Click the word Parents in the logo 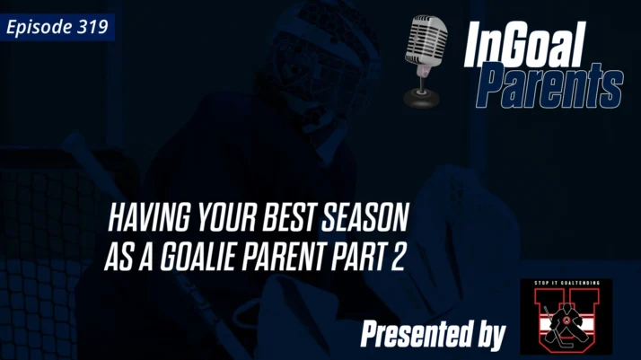(x=549, y=86)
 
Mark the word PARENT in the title (x=277, y=257)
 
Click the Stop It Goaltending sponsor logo (x=566, y=316)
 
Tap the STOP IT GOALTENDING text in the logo (x=566, y=285)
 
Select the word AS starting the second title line (x=117, y=257)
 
